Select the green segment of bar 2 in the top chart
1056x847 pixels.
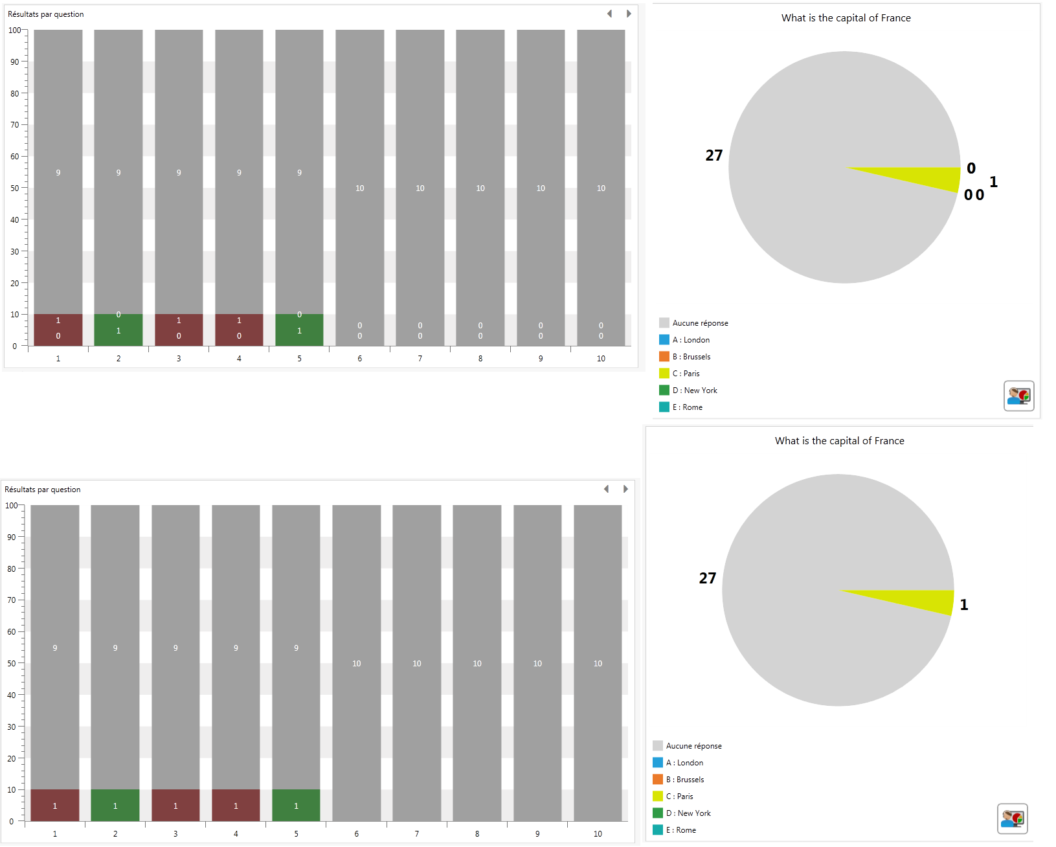(118, 330)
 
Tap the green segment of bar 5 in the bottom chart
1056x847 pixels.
(296, 805)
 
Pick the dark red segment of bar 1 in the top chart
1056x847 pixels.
(58, 330)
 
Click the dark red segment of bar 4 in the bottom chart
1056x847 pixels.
(236, 805)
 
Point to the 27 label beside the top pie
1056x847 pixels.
(713, 155)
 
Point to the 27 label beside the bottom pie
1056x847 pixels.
(707, 578)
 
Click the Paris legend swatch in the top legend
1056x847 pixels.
(664, 374)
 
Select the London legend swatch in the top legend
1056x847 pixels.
(664, 340)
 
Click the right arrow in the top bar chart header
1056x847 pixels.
(629, 14)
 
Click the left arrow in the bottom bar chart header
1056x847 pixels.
(606, 489)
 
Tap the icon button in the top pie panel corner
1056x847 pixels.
(1019, 396)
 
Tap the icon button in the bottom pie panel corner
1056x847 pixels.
(1013, 819)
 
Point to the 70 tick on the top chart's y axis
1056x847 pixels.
(15, 124)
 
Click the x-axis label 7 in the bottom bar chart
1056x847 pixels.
(417, 834)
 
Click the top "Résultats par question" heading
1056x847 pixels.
(46, 14)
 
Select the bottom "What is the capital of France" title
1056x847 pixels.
(839, 441)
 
